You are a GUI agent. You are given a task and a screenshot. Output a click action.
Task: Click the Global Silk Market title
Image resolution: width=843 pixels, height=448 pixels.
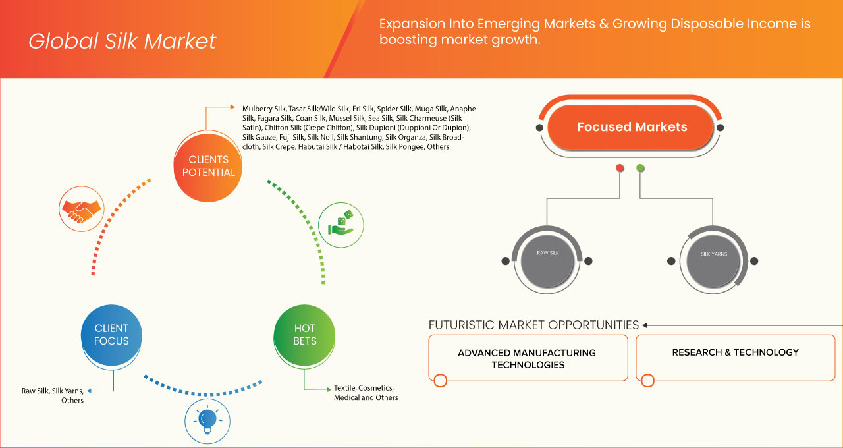[122, 41]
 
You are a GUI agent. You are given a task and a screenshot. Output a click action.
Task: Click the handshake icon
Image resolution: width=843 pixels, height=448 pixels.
[81, 208]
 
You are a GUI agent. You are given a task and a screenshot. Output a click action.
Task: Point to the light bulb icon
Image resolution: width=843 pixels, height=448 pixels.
[207, 420]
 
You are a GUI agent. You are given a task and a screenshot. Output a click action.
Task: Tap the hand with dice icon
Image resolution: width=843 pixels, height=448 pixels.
[341, 224]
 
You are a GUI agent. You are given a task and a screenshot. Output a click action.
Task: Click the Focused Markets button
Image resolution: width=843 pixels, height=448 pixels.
[632, 127]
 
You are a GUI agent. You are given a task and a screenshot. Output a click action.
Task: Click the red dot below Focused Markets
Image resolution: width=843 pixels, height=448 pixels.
[620, 168]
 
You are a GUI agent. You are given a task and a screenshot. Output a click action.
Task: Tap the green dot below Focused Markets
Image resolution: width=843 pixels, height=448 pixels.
[640, 168]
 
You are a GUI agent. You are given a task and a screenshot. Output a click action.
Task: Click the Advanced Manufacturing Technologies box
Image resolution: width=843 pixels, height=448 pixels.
[527, 358]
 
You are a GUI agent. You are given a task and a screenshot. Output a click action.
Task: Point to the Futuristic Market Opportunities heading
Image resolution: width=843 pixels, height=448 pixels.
[533, 325]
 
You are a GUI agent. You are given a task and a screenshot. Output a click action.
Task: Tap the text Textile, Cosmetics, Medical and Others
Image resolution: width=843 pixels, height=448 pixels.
[366, 393]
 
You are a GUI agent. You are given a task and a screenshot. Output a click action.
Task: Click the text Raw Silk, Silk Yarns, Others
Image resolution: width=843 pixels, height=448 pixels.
[53, 395]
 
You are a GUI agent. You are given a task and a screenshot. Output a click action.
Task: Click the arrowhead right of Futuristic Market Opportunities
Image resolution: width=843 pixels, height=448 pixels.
[645, 325]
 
